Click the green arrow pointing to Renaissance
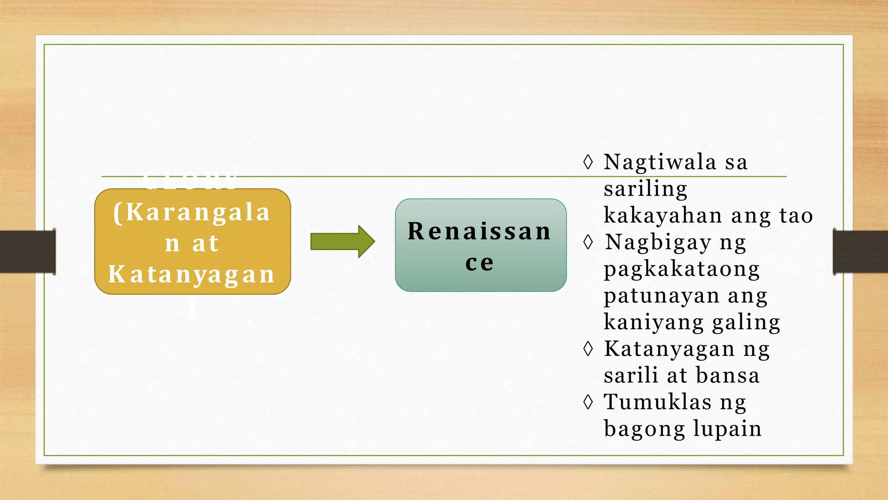342,241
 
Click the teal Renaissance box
480,245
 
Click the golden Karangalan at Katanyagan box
193,242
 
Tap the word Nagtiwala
660,162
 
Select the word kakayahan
663,215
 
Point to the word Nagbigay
658,242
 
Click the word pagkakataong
682,269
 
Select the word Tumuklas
657,402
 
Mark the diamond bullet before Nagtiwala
588,162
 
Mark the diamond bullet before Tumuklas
588,402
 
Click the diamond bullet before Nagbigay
588,242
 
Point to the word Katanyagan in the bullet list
669,349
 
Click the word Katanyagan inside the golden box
192,275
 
